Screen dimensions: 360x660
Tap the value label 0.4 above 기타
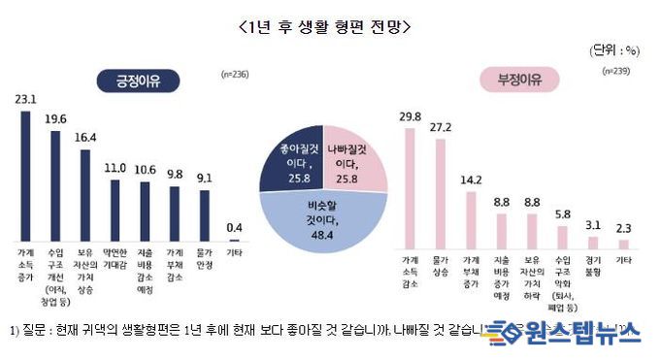pos(234,228)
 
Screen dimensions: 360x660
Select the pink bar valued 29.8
pos(410,185)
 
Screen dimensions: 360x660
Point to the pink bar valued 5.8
pos(563,237)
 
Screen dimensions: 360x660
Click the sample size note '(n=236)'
pos(234,74)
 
